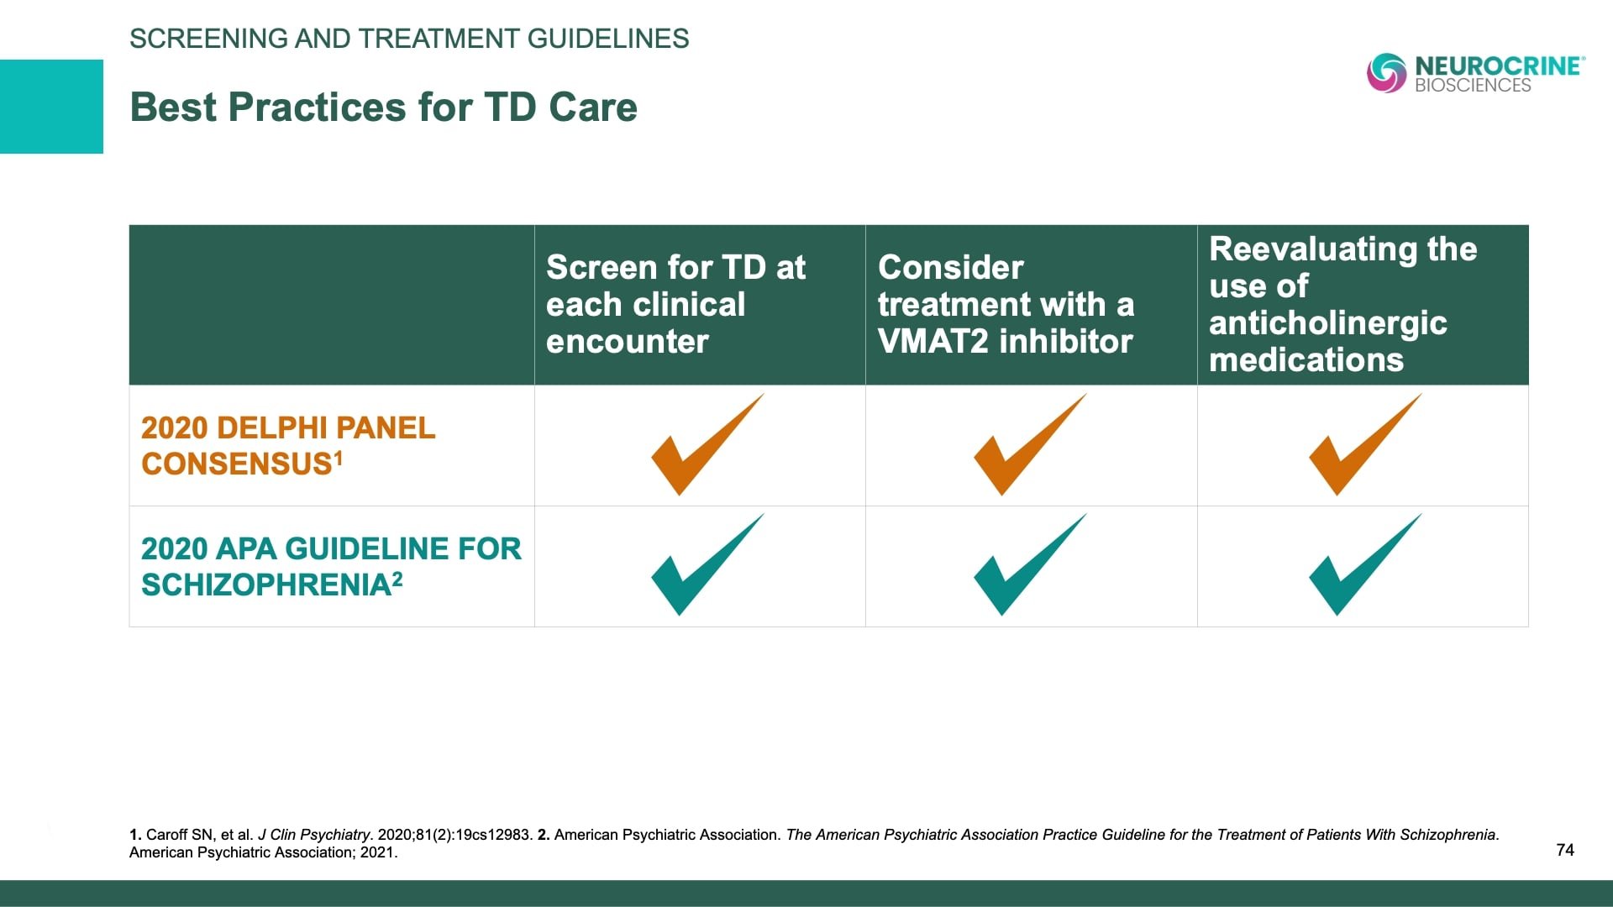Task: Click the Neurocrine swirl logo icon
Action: [1386, 73]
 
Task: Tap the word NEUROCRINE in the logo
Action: [1498, 66]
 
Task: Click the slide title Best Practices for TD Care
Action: [383, 107]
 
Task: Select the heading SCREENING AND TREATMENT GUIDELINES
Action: [409, 39]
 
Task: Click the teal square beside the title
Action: [51, 107]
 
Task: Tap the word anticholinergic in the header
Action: [1327, 323]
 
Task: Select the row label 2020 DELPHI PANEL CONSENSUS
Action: [288, 446]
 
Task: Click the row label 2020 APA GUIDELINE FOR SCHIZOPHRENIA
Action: [330, 566]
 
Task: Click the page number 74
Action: [1564, 850]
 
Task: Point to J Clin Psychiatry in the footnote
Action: [313, 835]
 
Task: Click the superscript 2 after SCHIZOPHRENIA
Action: [397, 579]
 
